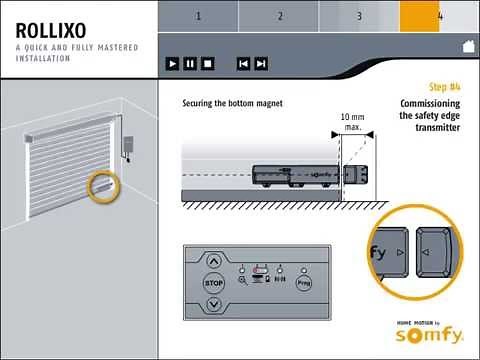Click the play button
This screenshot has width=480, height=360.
click(173, 63)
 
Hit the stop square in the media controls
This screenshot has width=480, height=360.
click(207, 63)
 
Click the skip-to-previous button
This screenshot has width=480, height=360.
click(243, 63)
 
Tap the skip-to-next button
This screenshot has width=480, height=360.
click(261, 63)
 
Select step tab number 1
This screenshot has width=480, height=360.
click(198, 16)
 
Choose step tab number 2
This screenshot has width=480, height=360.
click(279, 16)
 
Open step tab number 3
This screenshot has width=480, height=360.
click(359, 16)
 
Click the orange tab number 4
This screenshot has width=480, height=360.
click(439, 16)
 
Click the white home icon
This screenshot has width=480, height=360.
click(467, 46)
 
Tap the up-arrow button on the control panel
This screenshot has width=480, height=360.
click(213, 257)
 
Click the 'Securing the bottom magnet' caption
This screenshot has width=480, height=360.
click(232, 103)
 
